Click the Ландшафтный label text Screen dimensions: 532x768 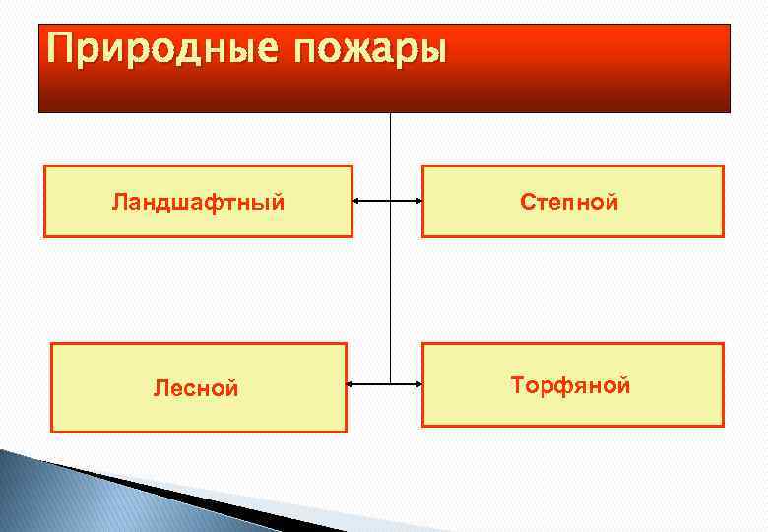coord(198,203)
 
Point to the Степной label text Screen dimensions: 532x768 coord(570,203)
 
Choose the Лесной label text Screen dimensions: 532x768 coord(196,389)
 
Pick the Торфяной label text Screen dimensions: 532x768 coord(570,385)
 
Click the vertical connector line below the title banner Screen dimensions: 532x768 coord(391,148)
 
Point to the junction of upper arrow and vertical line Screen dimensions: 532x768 coord(391,203)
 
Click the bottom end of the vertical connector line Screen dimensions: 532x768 coord(391,381)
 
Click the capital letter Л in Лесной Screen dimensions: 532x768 coord(160,389)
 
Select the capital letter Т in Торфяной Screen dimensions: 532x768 coord(518,385)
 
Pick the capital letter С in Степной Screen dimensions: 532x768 coord(528,203)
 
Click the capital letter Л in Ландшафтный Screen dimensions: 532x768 coord(118,203)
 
